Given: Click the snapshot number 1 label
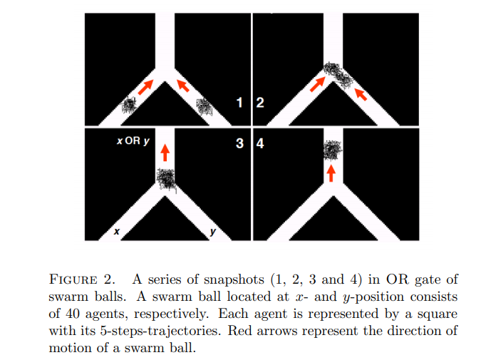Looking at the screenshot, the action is coord(242,103).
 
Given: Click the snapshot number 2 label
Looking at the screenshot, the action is coord(259,103).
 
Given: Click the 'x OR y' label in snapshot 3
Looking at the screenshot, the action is coord(133,141).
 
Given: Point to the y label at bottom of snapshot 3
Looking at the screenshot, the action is coord(212,232).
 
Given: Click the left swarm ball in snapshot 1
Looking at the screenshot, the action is coord(128,105).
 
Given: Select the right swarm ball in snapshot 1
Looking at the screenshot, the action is coord(205,107).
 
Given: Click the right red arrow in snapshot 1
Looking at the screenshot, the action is coord(182,86).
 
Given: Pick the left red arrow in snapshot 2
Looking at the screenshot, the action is coord(317,85).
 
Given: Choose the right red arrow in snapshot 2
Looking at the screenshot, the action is coord(361,93).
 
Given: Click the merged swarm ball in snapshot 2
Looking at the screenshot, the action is coord(337,73).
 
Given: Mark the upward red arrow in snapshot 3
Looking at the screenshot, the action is coord(165,151).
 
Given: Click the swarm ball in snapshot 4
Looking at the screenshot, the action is coord(331,150).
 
